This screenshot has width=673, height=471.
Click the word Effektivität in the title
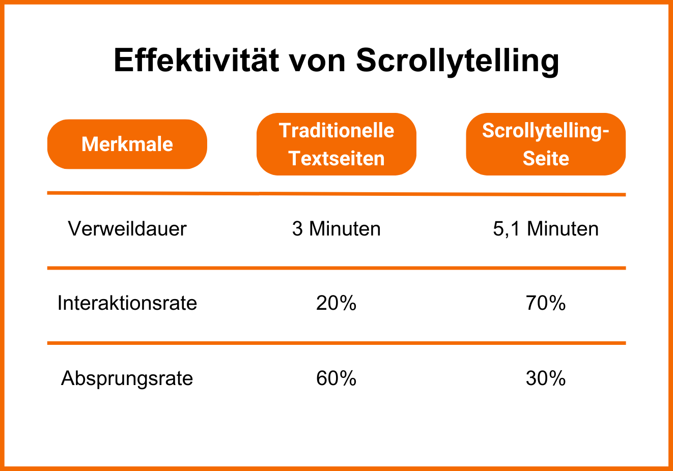point(196,60)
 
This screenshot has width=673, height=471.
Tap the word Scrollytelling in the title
point(457,62)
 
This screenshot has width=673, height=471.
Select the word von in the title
point(317,64)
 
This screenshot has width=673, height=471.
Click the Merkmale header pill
point(127,144)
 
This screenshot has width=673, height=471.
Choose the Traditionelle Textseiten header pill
point(336,144)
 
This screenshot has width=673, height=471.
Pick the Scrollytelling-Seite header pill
point(546,144)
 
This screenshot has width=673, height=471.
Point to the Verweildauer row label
point(127,229)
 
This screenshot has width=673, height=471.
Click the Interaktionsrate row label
point(127,303)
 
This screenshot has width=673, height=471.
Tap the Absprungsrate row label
point(127,379)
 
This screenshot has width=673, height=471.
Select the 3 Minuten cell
point(336,229)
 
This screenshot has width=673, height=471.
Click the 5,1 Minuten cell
point(546,229)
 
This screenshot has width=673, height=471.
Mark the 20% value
point(336,303)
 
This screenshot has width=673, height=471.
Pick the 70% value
point(546,303)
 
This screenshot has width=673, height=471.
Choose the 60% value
point(336,378)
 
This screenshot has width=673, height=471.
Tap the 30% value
point(546,378)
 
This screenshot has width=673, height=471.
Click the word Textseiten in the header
point(336,159)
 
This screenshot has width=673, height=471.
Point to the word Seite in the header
point(546,159)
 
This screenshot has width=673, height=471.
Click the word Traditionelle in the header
point(336,131)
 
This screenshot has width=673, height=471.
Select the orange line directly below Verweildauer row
point(336,268)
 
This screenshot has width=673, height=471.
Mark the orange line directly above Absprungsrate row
point(336,343)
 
